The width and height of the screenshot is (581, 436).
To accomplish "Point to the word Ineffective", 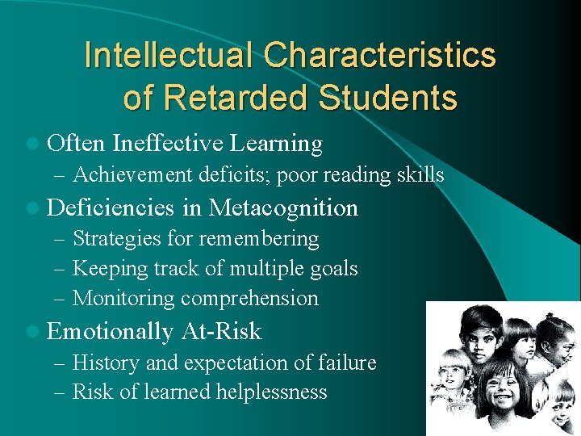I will click(x=168, y=144).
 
